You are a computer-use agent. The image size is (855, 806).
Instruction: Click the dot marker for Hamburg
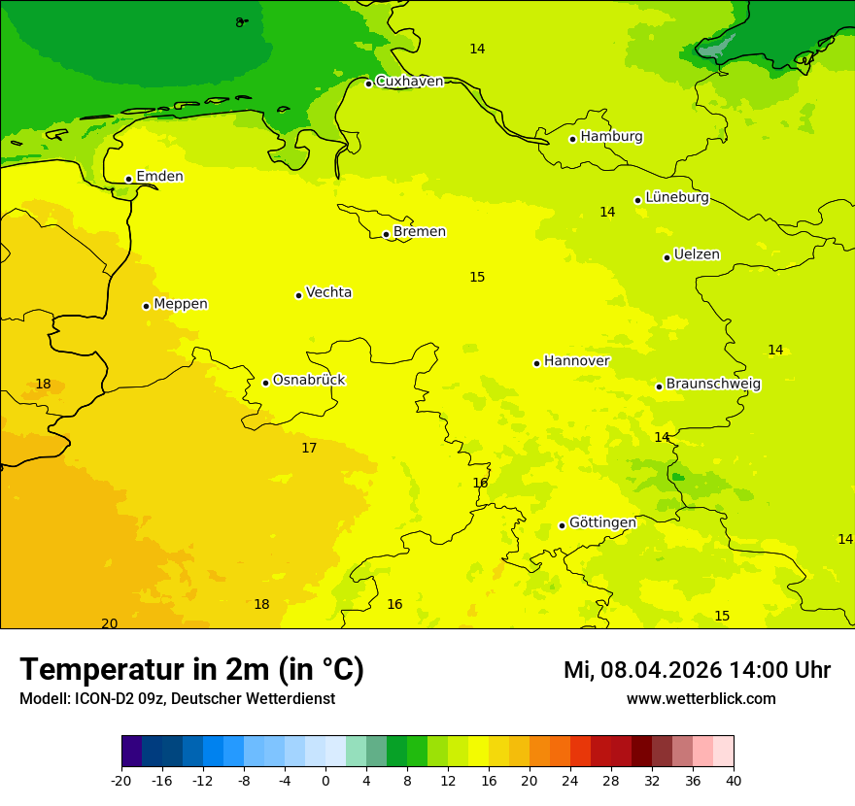tap(573, 139)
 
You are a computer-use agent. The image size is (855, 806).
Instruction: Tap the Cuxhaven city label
tap(409, 82)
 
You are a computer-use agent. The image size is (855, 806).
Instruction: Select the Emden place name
tap(159, 177)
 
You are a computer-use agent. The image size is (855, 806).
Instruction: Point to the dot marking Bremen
tap(386, 234)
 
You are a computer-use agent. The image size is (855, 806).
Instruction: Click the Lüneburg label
tap(677, 197)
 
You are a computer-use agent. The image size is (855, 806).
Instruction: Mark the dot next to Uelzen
tap(667, 257)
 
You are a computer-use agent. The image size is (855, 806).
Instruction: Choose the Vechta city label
tap(328, 292)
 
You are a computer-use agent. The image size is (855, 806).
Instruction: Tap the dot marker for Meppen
tap(146, 306)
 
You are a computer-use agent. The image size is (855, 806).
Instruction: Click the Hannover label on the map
tap(576, 361)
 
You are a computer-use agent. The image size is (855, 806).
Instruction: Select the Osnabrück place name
tap(309, 380)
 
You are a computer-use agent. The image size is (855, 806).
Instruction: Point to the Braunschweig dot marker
tap(659, 386)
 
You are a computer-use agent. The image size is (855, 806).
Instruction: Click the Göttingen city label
tap(602, 522)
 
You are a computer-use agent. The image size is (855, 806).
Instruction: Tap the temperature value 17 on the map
tap(309, 448)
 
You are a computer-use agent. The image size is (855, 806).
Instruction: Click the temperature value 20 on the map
tap(110, 623)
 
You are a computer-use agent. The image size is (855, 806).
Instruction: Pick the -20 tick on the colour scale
tap(121, 780)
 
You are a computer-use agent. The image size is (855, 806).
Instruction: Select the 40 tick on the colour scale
tap(734, 780)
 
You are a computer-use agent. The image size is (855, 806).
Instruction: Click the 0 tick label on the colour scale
tap(325, 780)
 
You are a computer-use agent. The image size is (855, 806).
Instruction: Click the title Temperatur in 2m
tap(191, 669)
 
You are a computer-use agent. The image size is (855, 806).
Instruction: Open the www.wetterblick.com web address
tap(701, 699)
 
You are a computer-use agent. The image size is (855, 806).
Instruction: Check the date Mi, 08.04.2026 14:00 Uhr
tap(697, 670)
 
